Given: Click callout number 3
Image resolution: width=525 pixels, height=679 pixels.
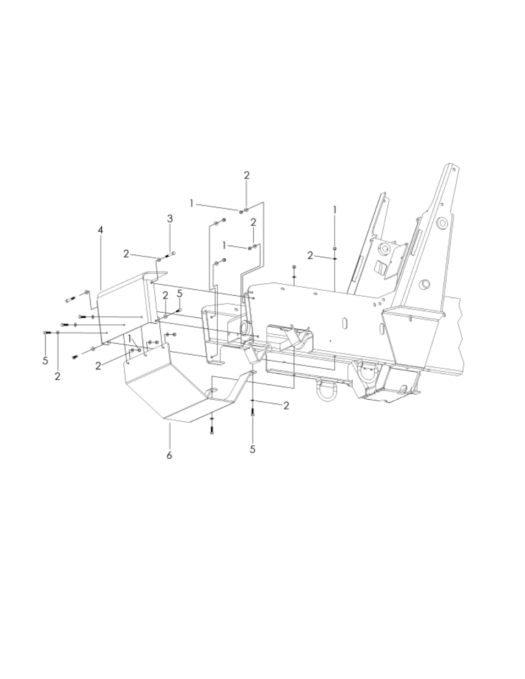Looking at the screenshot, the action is (170, 219).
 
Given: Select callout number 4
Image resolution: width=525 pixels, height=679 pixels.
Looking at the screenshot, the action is (100, 230).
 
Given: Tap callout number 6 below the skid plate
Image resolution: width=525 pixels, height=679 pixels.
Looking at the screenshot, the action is (169, 455).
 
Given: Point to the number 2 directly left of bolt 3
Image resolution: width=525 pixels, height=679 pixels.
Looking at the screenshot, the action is (126, 253).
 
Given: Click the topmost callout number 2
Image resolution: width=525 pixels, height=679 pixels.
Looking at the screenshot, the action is (247, 175).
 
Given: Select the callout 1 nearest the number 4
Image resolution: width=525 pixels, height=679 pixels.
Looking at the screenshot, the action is (130, 339).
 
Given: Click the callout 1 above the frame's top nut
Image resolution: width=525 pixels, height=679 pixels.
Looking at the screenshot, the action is (335, 210).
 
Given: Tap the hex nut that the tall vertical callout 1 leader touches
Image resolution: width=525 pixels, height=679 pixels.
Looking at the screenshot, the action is (335, 248).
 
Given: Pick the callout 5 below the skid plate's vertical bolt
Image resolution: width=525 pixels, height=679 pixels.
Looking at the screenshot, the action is (253, 449).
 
